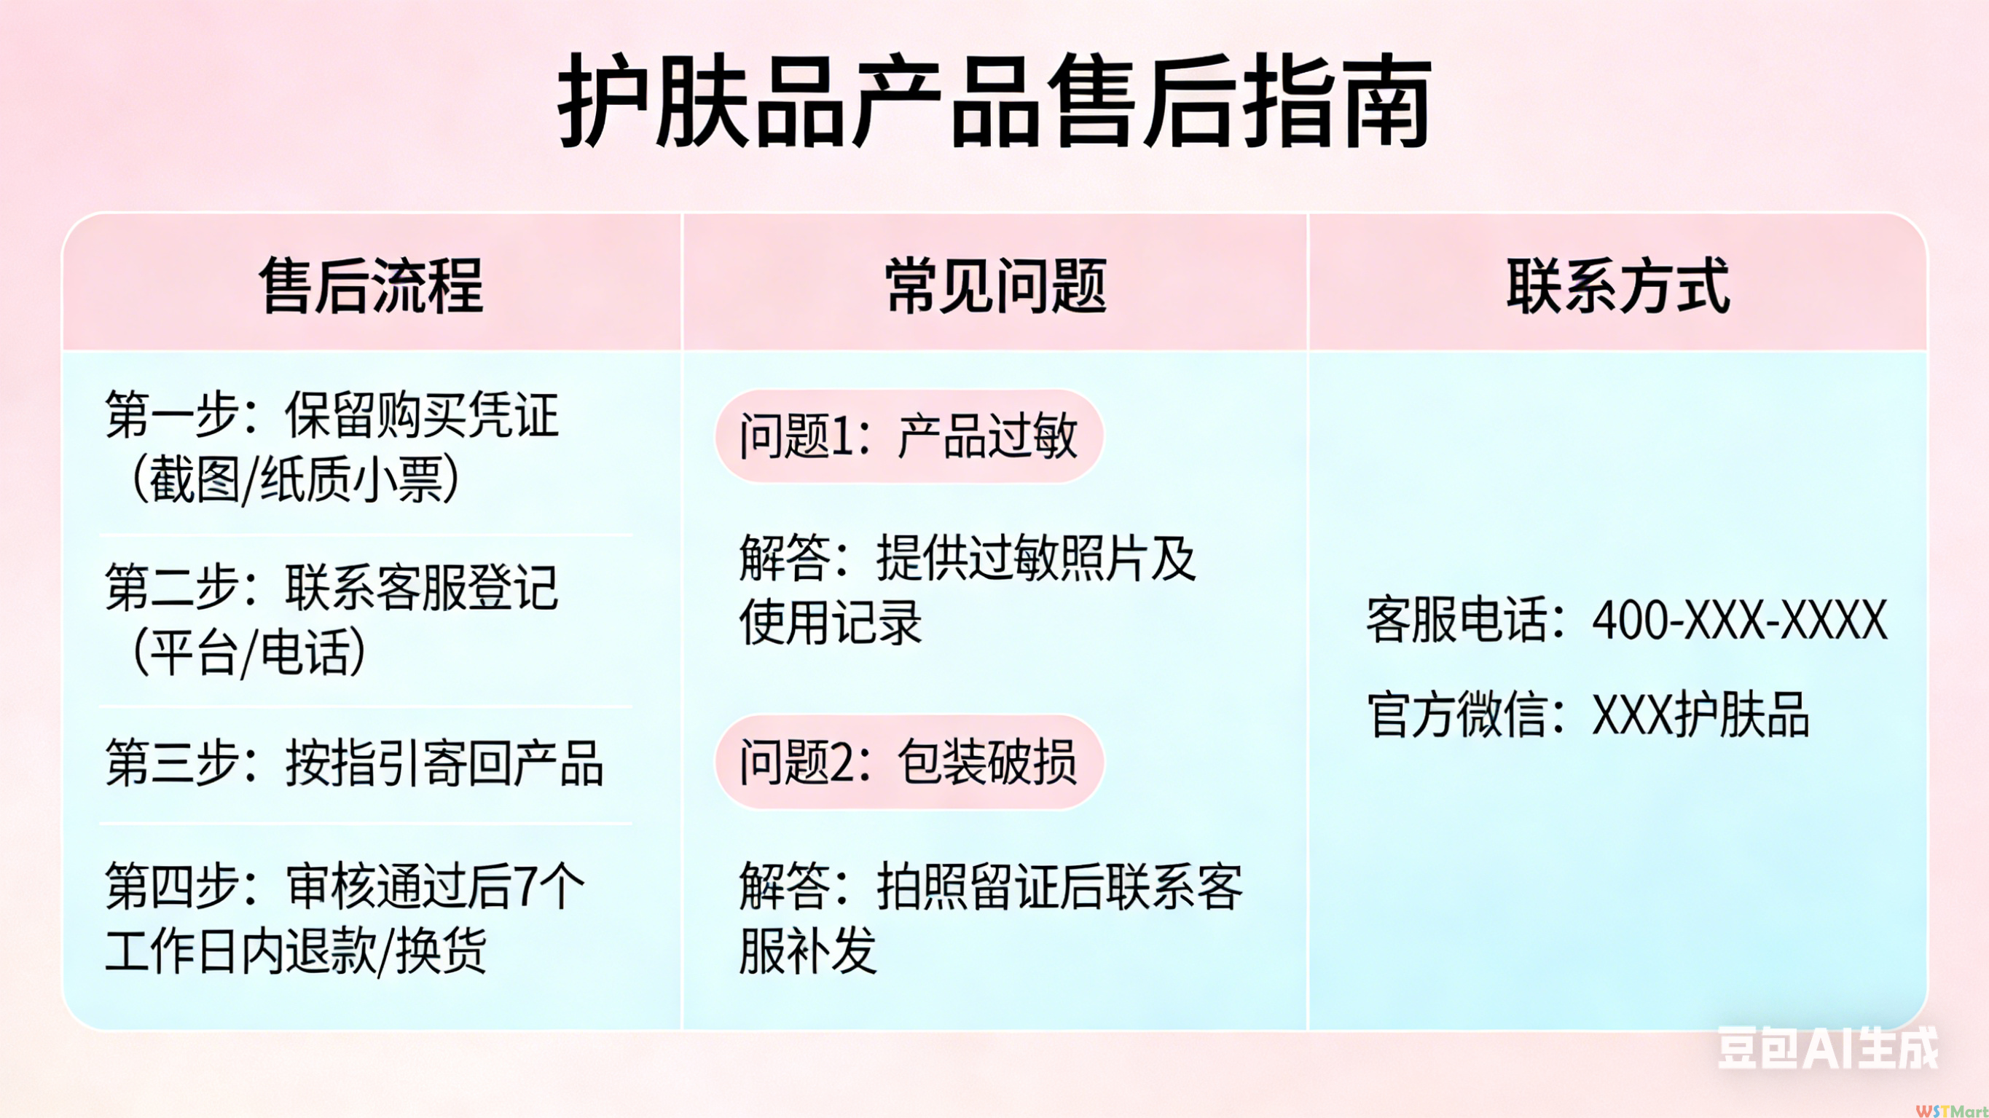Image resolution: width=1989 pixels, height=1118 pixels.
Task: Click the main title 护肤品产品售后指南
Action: pos(994,101)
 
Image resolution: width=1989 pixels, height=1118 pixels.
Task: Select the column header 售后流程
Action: pos(372,286)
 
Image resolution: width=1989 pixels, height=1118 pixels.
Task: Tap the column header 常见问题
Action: pos(995,286)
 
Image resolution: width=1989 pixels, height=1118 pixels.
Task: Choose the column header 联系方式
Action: pos(1617,286)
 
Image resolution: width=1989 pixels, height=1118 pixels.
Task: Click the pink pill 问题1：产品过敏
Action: pos(909,436)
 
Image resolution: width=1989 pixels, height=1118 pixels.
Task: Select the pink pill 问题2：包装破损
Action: pos(909,762)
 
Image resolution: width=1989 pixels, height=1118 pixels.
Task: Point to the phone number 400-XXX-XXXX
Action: pos(1740,619)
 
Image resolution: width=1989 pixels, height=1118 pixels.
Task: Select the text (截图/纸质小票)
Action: pos(296,479)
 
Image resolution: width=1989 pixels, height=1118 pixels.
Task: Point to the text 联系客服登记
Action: pos(422,588)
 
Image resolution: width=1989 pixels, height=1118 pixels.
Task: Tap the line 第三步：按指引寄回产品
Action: pos(354,763)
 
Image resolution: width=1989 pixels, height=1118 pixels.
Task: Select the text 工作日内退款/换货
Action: pos(296,951)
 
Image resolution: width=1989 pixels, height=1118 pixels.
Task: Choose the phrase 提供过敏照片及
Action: pos(1036,557)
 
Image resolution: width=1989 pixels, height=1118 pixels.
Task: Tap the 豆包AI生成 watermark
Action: pos(1828,1048)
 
